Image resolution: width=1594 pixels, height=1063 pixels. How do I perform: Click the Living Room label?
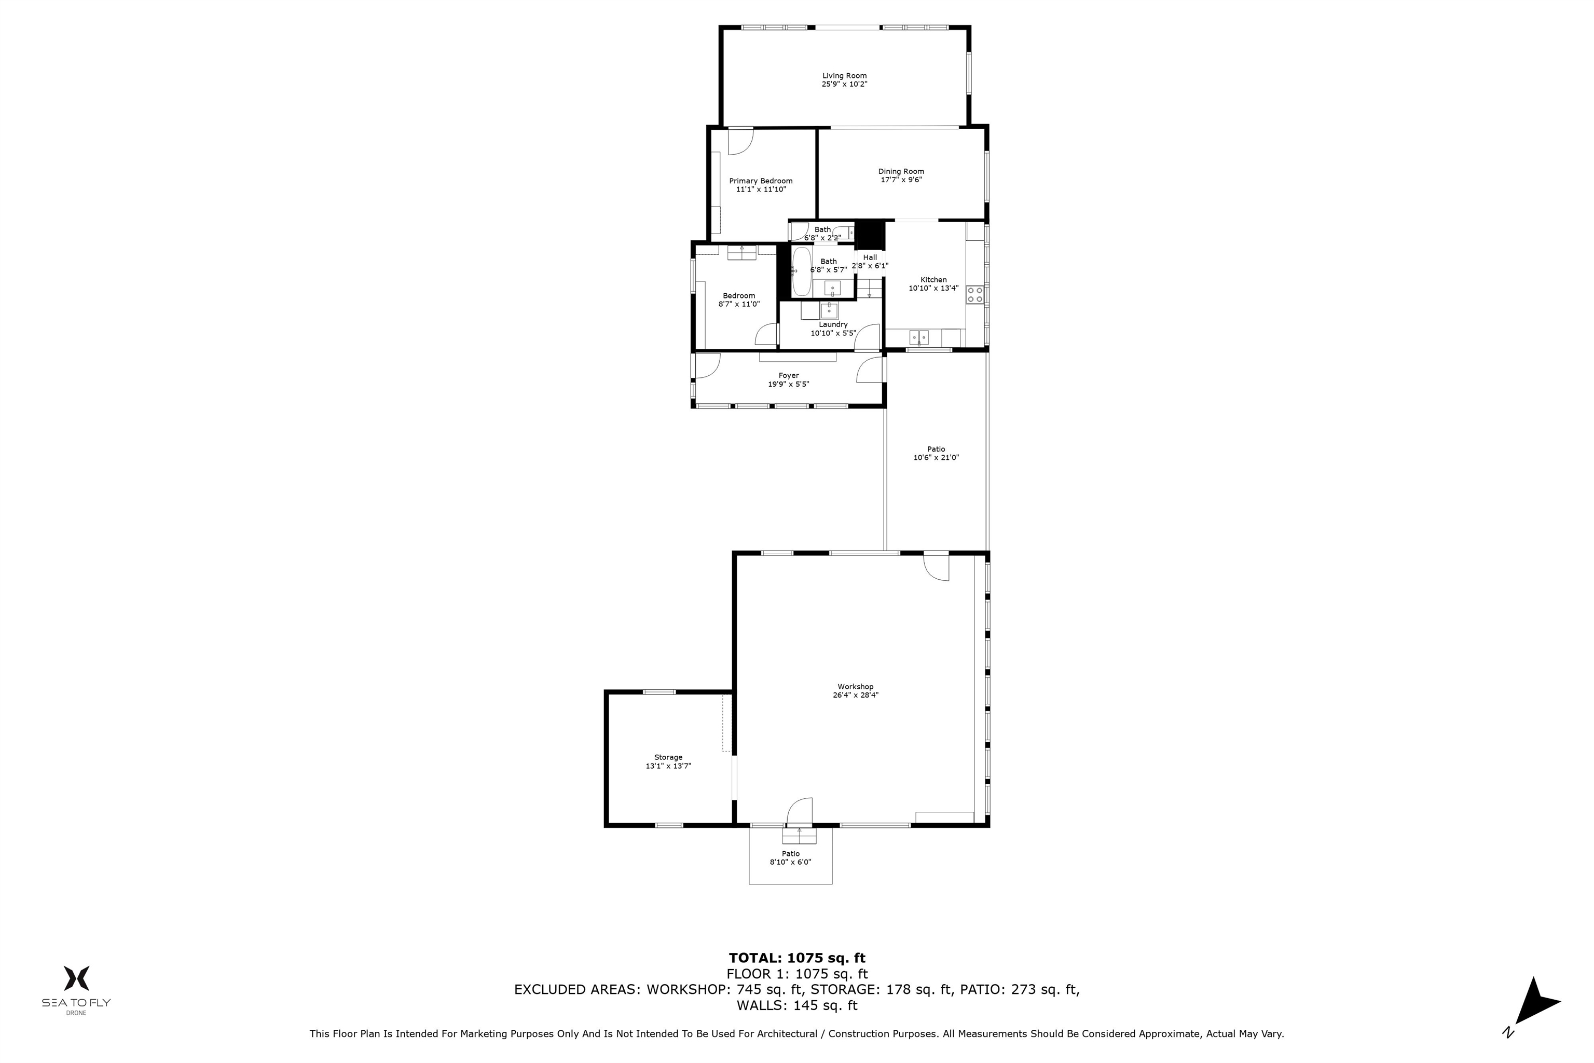[x=844, y=76]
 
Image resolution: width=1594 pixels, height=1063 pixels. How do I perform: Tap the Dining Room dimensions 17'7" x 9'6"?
[x=901, y=180]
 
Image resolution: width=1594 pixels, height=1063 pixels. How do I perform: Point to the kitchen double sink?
[x=919, y=337]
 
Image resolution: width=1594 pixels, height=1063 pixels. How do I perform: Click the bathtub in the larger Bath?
[x=802, y=271]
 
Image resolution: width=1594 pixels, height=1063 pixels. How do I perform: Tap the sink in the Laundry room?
[x=829, y=310]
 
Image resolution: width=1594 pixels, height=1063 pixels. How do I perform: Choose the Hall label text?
[x=870, y=257]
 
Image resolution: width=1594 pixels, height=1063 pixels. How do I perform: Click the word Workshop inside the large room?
[x=855, y=687]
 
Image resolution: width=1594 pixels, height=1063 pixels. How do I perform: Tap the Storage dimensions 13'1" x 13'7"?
[x=668, y=766]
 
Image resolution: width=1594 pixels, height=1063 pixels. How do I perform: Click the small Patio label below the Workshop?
[x=791, y=853]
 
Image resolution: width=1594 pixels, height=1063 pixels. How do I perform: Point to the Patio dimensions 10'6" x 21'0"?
[x=936, y=458]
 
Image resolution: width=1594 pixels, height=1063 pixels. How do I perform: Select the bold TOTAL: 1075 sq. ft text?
[x=797, y=958]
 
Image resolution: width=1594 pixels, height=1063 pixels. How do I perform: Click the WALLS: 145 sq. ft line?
[x=797, y=1005]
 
